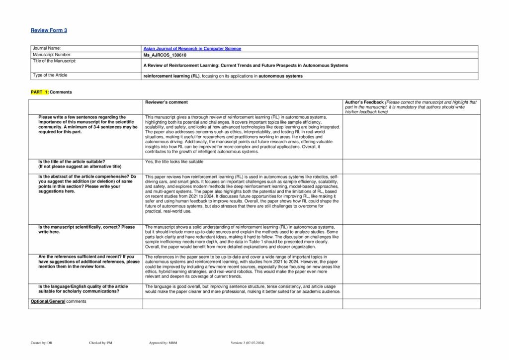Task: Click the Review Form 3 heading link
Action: click(x=49, y=30)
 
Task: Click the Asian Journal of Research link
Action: click(x=192, y=49)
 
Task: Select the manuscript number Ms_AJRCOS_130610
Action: click(x=165, y=55)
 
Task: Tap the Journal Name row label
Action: click(x=47, y=49)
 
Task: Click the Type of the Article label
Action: click(x=50, y=76)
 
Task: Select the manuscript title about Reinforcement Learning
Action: click(x=246, y=66)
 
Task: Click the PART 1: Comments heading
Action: click(x=51, y=92)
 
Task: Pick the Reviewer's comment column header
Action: click(x=166, y=102)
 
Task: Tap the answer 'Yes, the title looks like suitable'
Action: click(x=174, y=162)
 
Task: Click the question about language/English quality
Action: click(x=83, y=289)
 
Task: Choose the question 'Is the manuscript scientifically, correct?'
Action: click(x=86, y=229)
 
